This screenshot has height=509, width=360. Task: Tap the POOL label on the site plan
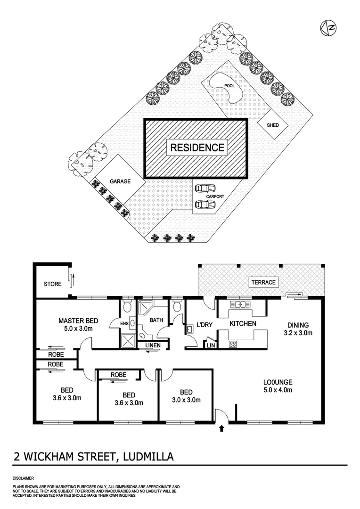pyautogui.click(x=229, y=86)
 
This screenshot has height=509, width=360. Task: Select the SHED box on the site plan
pyautogui.click(x=272, y=125)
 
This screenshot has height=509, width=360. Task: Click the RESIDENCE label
pyautogui.click(x=196, y=147)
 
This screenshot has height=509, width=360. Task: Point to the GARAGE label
pyautogui.click(x=120, y=181)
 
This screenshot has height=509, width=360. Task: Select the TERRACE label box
pyautogui.click(x=263, y=282)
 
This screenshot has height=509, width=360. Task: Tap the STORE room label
pyautogui.click(x=53, y=284)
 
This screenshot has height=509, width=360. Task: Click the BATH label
pyautogui.click(x=156, y=320)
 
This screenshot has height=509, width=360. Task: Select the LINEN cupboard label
pyautogui.click(x=153, y=345)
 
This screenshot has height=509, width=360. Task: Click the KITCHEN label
pyautogui.click(x=243, y=324)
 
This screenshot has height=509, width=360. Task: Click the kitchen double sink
pyautogui.click(x=241, y=304)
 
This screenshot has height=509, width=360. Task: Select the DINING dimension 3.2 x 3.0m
pyautogui.click(x=297, y=333)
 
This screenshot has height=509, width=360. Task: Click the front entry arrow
pyautogui.click(x=222, y=428)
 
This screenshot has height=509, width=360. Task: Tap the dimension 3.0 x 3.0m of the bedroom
pyautogui.click(x=187, y=400)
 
